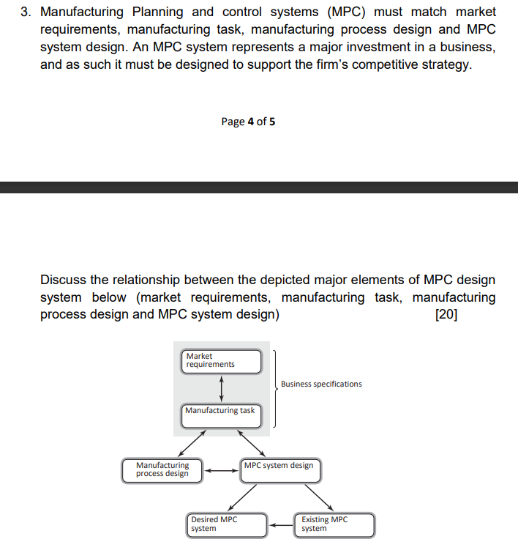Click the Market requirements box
(x=222, y=361)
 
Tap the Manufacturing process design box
(x=162, y=469)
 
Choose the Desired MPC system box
(x=226, y=524)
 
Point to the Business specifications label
(x=321, y=384)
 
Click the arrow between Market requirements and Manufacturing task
(x=221, y=387)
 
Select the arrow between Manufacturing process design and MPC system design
(x=222, y=470)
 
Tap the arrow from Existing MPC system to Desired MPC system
(x=279, y=524)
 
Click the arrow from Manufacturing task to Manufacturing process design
(x=192, y=443)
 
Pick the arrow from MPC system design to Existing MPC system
(x=318, y=496)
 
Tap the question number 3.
(x=24, y=12)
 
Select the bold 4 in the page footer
(x=250, y=122)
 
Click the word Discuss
(x=64, y=280)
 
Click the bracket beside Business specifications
(x=274, y=388)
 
